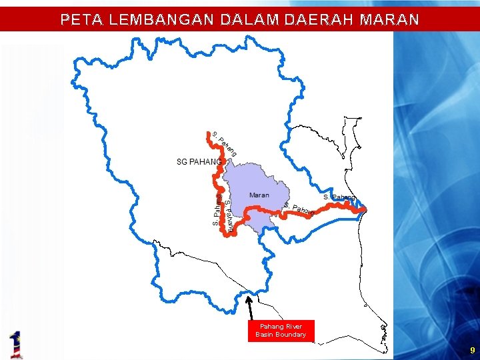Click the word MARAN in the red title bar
[389, 20]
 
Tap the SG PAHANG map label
[199, 162]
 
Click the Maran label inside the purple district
[259, 195]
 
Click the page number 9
[472, 350]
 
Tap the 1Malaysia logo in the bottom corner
[16, 344]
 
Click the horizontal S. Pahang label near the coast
[339, 197]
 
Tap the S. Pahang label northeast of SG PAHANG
[224, 144]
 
